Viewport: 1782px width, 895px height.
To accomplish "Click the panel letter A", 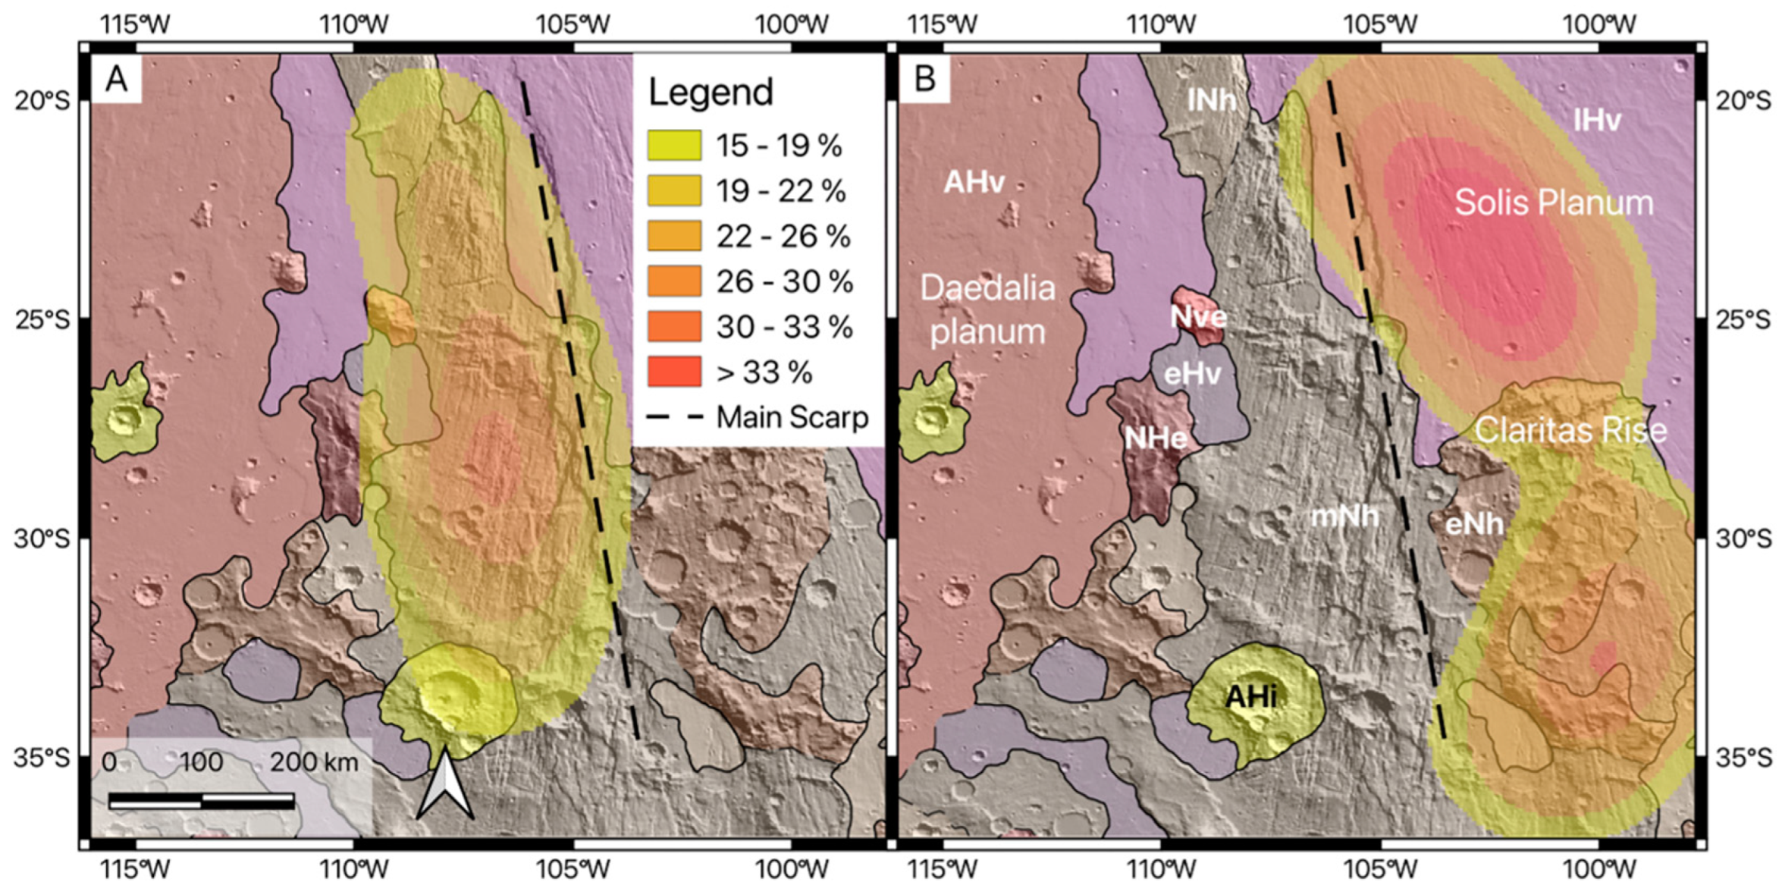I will [116, 78].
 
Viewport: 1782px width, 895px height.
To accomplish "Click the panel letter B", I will [924, 78].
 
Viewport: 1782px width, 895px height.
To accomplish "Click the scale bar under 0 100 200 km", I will [202, 801].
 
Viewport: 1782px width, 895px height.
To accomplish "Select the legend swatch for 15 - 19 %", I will [674, 145].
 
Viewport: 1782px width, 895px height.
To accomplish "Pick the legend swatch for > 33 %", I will [674, 372].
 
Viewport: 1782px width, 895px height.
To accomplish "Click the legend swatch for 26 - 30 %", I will [674, 281].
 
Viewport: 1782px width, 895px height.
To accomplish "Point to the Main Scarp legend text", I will [792, 417].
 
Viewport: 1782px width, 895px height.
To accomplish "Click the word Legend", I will [711, 93].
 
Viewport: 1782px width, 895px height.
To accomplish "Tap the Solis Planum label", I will [1554, 203].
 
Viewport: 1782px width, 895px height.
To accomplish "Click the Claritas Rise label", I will [1570, 430].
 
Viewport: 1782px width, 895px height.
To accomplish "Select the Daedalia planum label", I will [987, 309].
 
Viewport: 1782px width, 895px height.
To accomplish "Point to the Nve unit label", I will [1198, 316].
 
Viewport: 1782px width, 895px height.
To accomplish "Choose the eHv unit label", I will [1192, 373].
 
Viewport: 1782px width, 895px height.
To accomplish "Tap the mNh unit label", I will [1344, 516].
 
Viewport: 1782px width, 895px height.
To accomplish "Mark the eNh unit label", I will [1473, 523].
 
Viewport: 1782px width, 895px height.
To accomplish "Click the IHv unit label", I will [1596, 120].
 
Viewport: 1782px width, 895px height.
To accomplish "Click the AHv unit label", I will [974, 182].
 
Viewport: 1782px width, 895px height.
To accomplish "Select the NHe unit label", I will [1155, 438].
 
